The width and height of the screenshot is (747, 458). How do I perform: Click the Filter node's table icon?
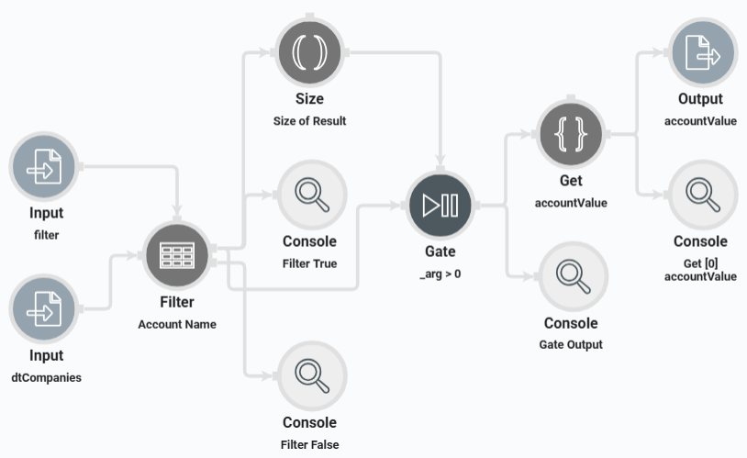point(177,255)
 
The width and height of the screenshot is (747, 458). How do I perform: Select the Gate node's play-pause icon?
point(440,206)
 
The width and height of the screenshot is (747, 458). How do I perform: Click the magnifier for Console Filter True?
point(310,195)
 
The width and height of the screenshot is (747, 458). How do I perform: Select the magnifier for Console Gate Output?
point(571,276)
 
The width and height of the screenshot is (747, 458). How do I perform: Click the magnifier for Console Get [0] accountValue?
point(702,195)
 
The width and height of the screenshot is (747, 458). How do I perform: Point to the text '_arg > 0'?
point(440,273)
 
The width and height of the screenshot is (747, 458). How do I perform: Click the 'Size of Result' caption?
point(310,121)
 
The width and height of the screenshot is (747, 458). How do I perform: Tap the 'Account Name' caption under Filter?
point(177,324)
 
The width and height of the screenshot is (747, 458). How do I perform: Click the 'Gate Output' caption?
point(571,344)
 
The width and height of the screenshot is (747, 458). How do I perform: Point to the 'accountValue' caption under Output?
point(700,120)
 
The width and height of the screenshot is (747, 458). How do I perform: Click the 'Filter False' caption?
point(310,445)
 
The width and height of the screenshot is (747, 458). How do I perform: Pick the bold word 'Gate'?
point(440,251)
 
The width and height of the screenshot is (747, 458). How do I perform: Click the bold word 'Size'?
point(310,99)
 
